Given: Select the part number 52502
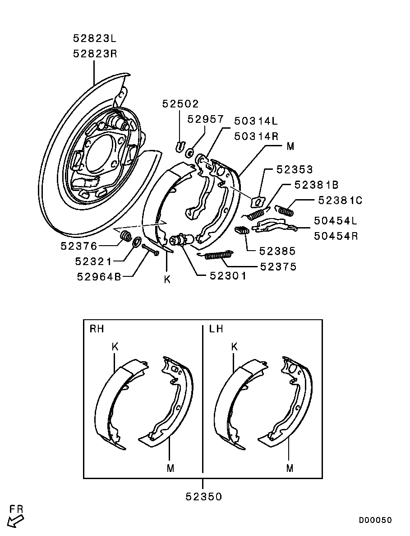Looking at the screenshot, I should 180,104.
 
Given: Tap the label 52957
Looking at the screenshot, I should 206,119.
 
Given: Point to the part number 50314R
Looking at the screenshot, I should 256,136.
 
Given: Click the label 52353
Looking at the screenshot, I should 295,169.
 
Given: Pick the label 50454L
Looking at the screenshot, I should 336,221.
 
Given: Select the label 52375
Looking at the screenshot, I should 278,267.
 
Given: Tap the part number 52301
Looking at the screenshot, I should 228,275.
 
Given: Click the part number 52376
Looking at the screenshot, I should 79,246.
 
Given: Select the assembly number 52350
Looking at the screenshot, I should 203,497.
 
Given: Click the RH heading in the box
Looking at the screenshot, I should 97,329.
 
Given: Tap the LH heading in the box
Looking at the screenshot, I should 216,329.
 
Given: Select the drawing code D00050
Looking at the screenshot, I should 375,520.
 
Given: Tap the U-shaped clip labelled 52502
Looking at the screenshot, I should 179,145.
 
